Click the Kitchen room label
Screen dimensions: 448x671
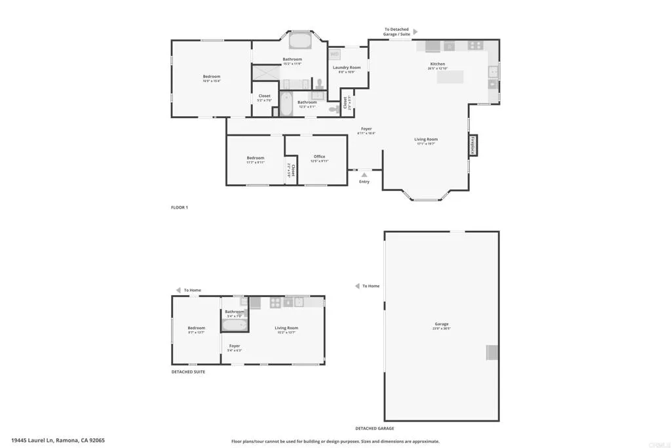pyautogui.click(x=437, y=64)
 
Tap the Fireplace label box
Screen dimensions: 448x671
pyautogui.click(x=472, y=145)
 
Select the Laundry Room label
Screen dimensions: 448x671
pyautogui.click(x=347, y=68)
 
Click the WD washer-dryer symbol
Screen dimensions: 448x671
pyautogui.click(x=334, y=54)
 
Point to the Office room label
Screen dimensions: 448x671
pyautogui.click(x=319, y=157)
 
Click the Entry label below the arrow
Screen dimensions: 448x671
pyautogui.click(x=364, y=182)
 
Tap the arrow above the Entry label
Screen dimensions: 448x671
pyautogui.click(x=364, y=174)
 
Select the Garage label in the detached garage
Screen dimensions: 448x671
pyautogui.click(x=441, y=324)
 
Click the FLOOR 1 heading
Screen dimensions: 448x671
pyautogui.click(x=180, y=207)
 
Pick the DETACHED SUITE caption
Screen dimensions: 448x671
pyautogui.click(x=188, y=372)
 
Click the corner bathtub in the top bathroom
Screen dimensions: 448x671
pyautogui.click(x=301, y=41)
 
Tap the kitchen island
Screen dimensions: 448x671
pyautogui.click(x=450, y=77)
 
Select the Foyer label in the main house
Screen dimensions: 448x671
pyautogui.click(x=366, y=129)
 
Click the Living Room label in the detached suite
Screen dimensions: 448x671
pyautogui.click(x=286, y=328)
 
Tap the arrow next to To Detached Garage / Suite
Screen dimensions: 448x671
pyautogui.click(x=415, y=31)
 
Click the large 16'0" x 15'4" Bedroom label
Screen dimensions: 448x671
pyautogui.click(x=211, y=77)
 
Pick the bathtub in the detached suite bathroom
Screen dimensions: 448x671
pyautogui.click(x=233, y=325)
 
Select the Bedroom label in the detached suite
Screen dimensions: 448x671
pyautogui.click(x=196, y=328)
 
